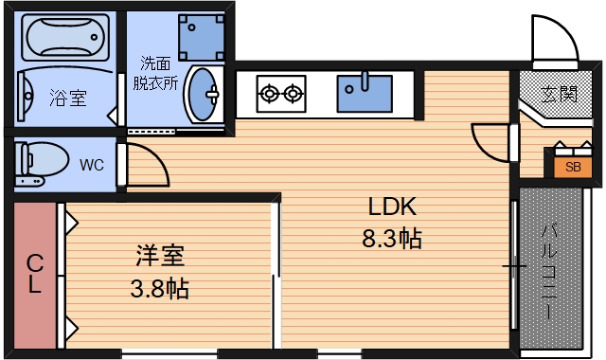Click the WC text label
click(92, 165)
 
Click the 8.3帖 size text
click(392, 238)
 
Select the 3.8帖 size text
click(159, 288)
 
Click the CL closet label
click(34, 274)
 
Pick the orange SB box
click(573, 167)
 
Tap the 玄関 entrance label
click(560, 94)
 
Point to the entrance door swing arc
click(552, 43)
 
